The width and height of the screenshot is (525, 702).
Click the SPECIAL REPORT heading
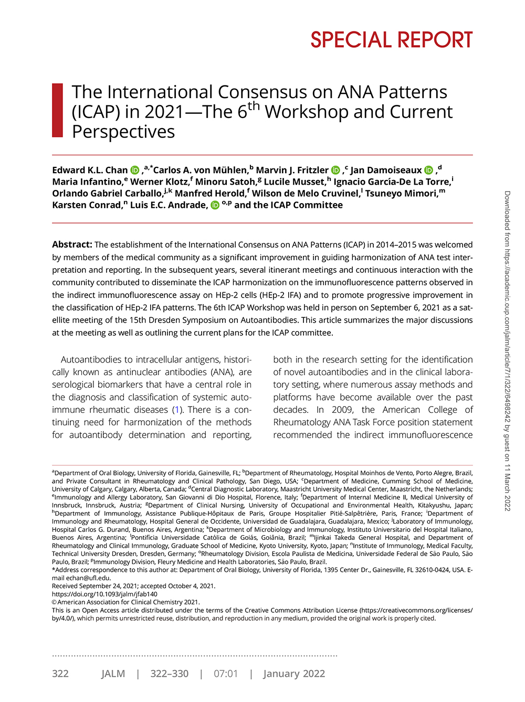coord(391,40)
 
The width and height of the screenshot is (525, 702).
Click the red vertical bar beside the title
coord(57,110)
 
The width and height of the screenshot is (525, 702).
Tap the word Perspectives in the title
coord(123,132)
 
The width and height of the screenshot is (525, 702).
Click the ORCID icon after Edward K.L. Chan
coord(135,171)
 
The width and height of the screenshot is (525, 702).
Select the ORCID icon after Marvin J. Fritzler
coord(336,171)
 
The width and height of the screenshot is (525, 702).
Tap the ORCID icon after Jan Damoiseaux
coord(429,171)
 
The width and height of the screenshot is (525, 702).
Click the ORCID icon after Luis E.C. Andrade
coord(215,206)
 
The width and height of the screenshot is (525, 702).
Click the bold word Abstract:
coord(72,244)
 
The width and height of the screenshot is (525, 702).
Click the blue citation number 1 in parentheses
coord(178,410)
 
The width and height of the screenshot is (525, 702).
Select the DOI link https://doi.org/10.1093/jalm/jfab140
coord(104,594)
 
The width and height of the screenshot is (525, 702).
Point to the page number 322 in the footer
coord(60,674)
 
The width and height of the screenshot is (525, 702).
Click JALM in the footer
coord(113,674)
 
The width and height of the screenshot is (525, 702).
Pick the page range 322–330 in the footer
coord(169,674)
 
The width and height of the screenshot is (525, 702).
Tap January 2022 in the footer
coord(294,674)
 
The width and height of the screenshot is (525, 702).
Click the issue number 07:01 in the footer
coord(226,674)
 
